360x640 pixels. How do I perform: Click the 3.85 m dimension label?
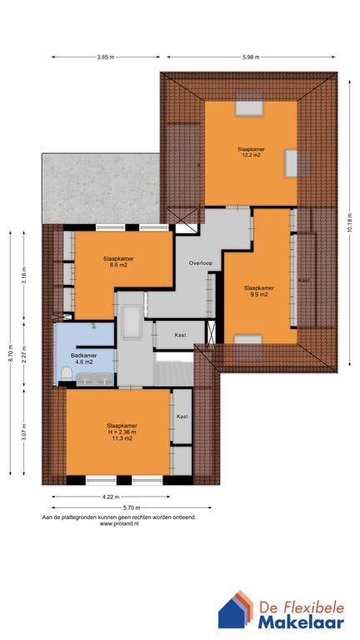click(x=106, y=57)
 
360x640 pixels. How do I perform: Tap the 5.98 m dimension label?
click(x=250, y=57)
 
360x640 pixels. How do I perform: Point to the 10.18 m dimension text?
click(x=349, y=222)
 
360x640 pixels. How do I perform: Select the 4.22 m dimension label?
click(x=111, y=497)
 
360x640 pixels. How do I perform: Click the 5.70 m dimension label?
click(x=132, y=507)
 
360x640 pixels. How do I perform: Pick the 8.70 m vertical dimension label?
click(x=11, y=352)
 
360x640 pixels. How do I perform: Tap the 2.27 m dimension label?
click(x=24, y=352)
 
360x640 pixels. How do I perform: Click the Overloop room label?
click(x=200, y=263)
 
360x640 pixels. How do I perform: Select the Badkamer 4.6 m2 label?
click(x=82, y=358)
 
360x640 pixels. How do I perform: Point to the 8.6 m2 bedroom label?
click(x=118, y=261)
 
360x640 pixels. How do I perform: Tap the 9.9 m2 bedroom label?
click(x=259, y=291)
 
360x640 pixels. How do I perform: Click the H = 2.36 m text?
click(x=119, y=432)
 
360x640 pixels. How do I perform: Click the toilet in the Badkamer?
click(x=66, y=373)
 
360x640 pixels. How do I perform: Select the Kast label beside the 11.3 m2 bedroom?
click(x=182, y=417)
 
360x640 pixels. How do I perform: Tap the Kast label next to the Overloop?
click(x=180, y=335)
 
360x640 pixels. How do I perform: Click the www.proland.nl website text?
click(x=119, y=522)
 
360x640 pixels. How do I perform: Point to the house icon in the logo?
click(x=236, y=610)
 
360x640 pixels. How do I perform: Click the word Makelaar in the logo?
click(x=301, y=622)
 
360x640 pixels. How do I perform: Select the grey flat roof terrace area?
click(x=101, y=188)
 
